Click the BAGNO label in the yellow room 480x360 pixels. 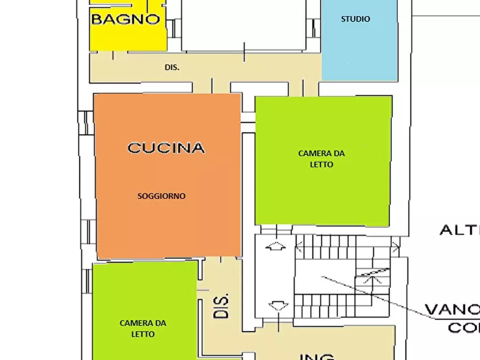126,19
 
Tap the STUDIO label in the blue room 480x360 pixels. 355,19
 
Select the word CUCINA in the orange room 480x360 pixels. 166,148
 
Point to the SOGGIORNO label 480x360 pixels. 161,196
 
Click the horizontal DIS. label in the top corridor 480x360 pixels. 172,68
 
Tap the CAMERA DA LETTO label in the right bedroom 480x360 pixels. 321,159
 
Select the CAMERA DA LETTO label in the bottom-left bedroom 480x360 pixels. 142,328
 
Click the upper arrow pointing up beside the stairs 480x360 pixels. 277,247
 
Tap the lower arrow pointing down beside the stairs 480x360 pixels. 277,306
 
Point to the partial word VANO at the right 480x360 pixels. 452,310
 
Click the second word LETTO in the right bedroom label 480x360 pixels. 321,164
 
